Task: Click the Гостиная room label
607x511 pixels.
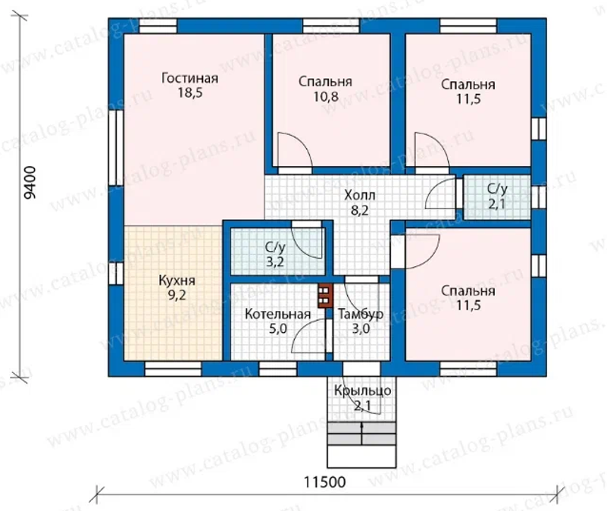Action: pyautogui.click(x=189, y=78)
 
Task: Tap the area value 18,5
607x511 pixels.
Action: pyautogui.click(x=189, y=93)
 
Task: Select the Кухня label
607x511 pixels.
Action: pyautogui.click(x=177, y=281)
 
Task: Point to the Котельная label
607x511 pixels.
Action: pyautogui.click(x=277, y=314)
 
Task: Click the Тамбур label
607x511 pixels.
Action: pyautogui.click(x=361, y=314)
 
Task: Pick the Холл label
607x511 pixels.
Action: pyautogui.click(x=360, y=195)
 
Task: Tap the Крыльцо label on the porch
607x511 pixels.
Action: pyautogui.click(x=363, y=391)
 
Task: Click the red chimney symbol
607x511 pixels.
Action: pyautogui.click(x=325, y=296)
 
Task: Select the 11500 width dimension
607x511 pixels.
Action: pyautogui.click(x=324, y=482)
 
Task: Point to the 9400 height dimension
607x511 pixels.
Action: pyautogui.click(x=30, y=183)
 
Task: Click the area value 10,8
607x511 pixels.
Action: pyautogui.click(x=326, y=96)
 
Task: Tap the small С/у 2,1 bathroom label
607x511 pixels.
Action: pyautogui.click(x=496, y=196)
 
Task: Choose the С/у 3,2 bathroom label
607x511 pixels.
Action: pyautogui.click(x=275, y=254)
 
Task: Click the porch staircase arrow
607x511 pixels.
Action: pyautogui.click(x=362, y=434)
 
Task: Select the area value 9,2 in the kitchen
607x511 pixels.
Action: pyautogui.click(x=177, y=296)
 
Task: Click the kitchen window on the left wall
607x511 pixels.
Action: pyautogui.click(x=116, y=274)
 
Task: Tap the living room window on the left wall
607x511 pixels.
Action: pyautogui.click(x=116, y=149)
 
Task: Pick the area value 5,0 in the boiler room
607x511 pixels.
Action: pyautogui.click(x=278, y=329)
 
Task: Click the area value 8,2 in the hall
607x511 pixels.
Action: pyautogui.click(x=360, y=210)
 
